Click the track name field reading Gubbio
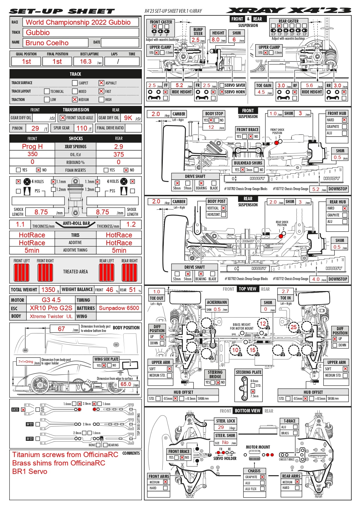tap(38, 33)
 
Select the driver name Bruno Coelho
tap(47, 43)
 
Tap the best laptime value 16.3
tap(86, 62)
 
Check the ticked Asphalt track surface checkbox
tap(101, 83)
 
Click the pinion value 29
tap(35, 128)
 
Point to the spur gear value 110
tap(82, 128)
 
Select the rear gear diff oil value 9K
tap(128, 118)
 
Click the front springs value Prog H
tap(32, 147)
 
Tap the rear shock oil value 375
tap(119, 154)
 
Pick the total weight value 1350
tap(48, 290)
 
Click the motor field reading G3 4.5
tap(51, 300)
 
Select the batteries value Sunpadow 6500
tap(119, 308)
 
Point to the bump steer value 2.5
tap(196, 40)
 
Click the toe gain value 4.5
tap(261, 92)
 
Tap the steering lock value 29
tap(221, 427)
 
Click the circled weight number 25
tap(294, 327)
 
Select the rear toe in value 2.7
tap(285, 291)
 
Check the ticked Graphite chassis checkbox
tap(262, 477)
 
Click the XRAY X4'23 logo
tap(289, 11)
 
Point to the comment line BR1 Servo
tap(30, 471)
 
